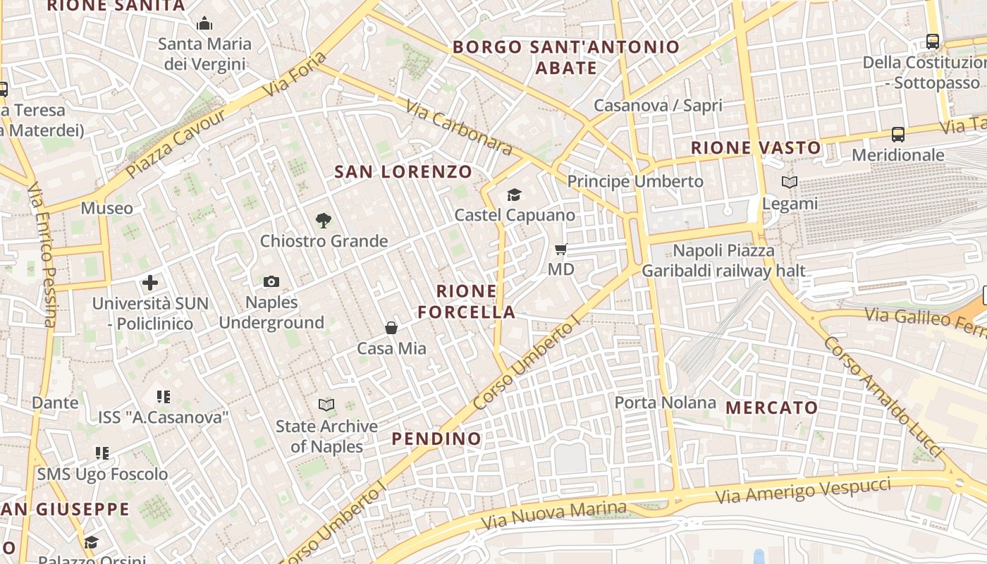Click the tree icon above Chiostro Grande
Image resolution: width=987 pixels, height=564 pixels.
click(x=324, y=221)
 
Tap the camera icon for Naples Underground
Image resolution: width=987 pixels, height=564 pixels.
click(x=271, y=282)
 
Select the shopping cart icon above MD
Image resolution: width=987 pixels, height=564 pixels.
click(x=561, y=249)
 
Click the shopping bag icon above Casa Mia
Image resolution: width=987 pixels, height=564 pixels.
click(x=391, y=328)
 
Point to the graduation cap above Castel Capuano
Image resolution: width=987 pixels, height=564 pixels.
click(x=515, y=195)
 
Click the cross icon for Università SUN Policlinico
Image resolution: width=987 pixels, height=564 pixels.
click(x=150, y=283)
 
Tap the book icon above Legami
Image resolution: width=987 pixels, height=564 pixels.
click(x=790, y=183)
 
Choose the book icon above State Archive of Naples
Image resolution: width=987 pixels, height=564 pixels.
click(x=326, y=405)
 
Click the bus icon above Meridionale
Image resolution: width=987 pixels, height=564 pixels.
click(x=898, y=134)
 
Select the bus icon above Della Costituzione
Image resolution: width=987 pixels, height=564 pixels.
click(x=933, y=42)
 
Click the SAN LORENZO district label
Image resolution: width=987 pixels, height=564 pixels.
click(x=403, y=171)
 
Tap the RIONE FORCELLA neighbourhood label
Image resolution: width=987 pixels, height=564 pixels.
click(x=467, y=301)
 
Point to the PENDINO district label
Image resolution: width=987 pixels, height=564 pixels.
click(x=436, y=439)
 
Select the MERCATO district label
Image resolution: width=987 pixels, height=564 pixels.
click(x=772, y=407)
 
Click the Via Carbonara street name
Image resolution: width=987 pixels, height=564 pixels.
click(x=458, y=127)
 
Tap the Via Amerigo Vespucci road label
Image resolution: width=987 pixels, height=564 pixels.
click(x=803, y=490)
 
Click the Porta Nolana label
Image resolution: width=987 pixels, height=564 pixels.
click(x=665, y=403)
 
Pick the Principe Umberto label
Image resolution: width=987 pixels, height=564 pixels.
click(x=635, y=181)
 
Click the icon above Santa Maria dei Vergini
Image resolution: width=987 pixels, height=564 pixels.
click(x=205, y=24)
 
